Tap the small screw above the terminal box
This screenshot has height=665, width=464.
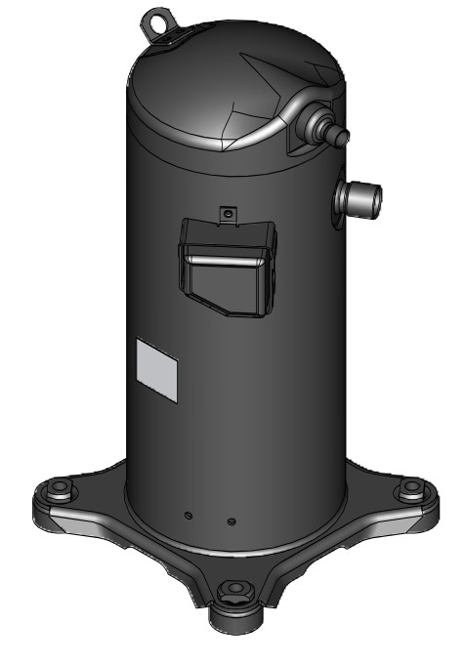pyautogui.click(x=226, y=211)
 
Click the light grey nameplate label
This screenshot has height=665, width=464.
pyautogui.click(x=157, y=371)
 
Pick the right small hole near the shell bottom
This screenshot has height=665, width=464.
pyautogui.click(x=230, y=520)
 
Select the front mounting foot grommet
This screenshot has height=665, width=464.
pyautogui.click(x=233, y=589)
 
